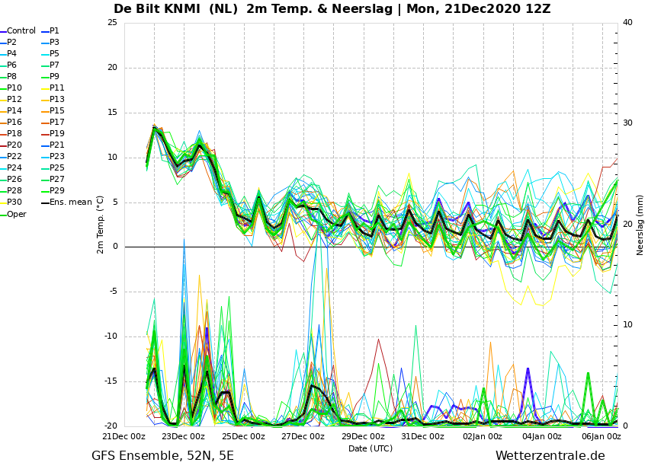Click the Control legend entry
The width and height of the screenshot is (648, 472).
point(18,31)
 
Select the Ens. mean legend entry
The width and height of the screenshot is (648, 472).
point(66,203)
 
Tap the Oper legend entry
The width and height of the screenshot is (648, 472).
point(13,214)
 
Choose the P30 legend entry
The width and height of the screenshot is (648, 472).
point(11,203)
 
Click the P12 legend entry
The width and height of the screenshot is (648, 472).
point(11,100)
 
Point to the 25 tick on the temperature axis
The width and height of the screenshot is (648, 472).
point(112,22)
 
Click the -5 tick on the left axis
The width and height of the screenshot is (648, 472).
point(113,292)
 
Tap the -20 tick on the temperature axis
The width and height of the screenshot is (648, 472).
point(111,426)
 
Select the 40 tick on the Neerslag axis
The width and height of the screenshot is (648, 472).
point(627,22)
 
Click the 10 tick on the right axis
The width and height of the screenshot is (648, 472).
point(627,325)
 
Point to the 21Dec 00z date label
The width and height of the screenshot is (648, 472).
point(124,436)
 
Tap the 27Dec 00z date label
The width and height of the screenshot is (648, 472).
point(303,436)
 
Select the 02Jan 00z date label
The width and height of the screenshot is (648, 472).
point(483,436)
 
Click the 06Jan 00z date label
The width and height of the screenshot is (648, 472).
point(601,436)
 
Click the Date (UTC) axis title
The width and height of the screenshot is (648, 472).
point(371,448)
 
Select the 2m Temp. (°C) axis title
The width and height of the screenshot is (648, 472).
point(100,225)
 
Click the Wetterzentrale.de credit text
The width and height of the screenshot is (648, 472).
point(550,456)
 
